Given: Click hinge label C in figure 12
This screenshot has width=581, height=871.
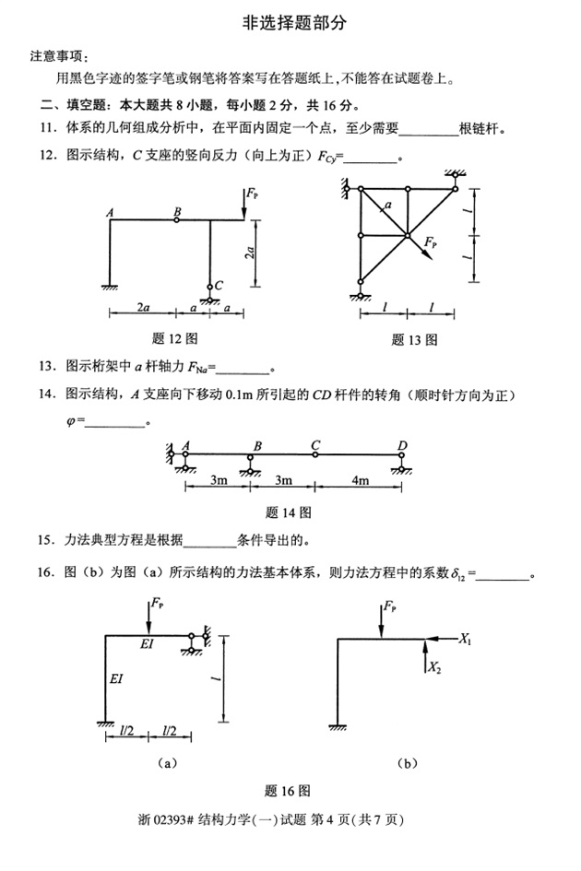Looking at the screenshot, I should [x=218, y=286].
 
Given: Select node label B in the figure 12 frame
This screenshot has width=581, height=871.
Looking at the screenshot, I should [x=177, y=211].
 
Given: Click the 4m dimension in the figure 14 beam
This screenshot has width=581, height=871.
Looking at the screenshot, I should [x=359, y=480].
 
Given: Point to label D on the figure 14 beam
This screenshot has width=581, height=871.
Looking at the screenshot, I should [x=403, y=446].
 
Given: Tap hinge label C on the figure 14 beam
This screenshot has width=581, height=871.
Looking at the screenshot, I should [x=315, y=446].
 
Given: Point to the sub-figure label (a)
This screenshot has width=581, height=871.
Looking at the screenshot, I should [x=167, y=762].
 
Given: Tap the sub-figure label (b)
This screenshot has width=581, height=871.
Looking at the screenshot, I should [x=408, y=762].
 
